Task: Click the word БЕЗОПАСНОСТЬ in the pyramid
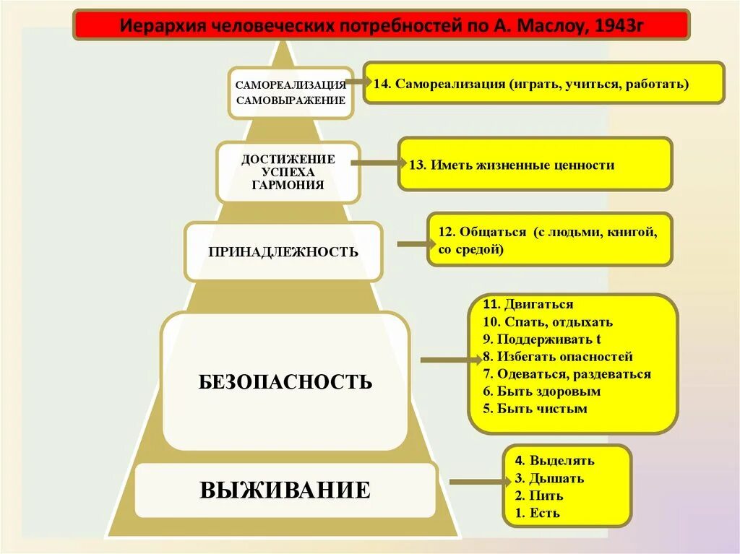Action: point(285,381)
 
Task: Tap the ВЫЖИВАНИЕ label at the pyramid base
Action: point(285,490)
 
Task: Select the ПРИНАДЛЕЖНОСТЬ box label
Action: point(283,252)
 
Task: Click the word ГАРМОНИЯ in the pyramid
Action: point(288,185)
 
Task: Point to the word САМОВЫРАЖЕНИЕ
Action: point(291,100)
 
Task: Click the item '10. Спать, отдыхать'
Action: point(548,322)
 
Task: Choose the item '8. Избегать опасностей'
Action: point(557,357)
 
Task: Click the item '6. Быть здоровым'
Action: point(542,391)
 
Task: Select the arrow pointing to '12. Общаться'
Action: point(412,244)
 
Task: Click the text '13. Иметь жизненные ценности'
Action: point(512,165)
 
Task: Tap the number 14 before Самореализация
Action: point(382,84)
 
